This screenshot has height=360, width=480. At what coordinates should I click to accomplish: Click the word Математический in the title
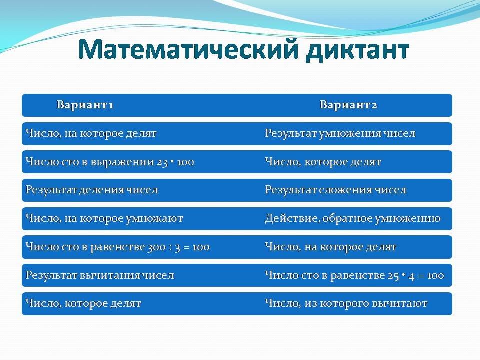click(188, 50)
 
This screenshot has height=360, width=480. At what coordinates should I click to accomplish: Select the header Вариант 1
click(85, 105)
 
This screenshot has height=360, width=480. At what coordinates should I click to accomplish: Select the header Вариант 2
click(348, 105)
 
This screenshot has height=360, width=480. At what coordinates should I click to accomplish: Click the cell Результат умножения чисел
click(340, 134)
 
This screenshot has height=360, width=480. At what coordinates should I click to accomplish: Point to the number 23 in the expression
click(162, 162)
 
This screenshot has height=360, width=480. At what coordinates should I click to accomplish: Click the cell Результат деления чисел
click(92, 190)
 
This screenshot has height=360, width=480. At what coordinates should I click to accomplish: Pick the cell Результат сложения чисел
click(336, 190)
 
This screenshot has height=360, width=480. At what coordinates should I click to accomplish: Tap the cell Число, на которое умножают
click(104, 218)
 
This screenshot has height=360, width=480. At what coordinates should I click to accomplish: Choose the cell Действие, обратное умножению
click(352, 218)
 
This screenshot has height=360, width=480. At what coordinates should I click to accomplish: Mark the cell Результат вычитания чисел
click(100, 275)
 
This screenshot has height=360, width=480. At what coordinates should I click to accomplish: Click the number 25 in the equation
click(393, 276)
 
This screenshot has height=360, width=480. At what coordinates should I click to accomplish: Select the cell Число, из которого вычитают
click(346, 303)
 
